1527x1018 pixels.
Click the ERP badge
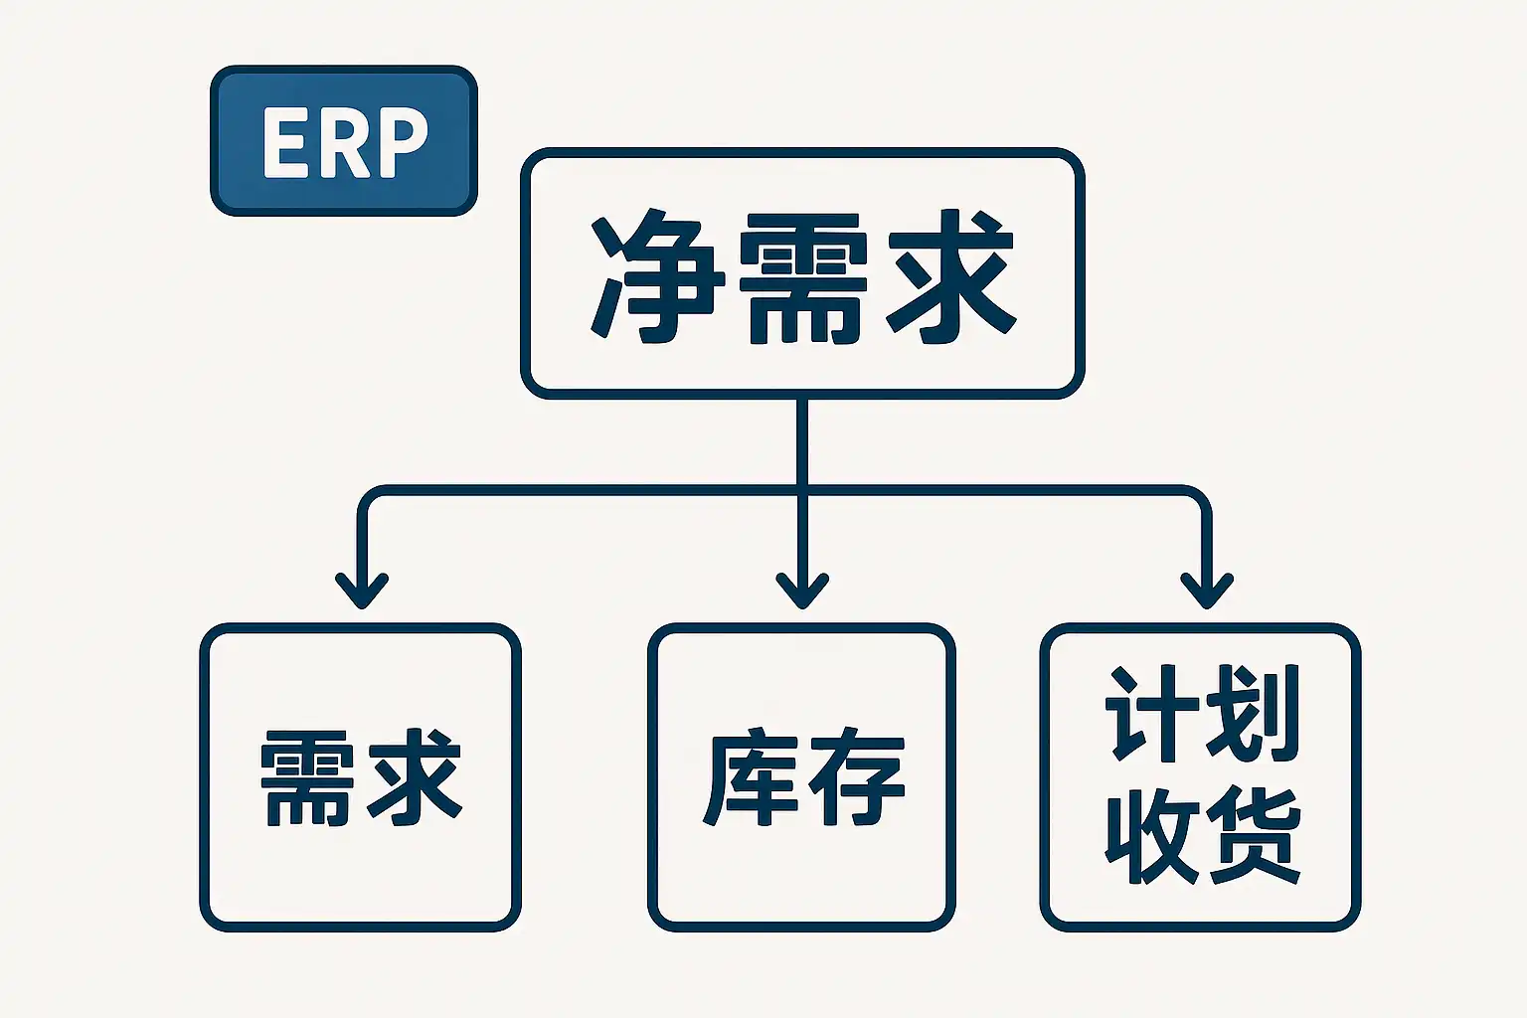(x=344, y=141)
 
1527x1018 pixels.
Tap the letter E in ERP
(x=281, y=142)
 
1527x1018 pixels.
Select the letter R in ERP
(x=337, y=142)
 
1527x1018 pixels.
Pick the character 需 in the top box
(x=803, y=278)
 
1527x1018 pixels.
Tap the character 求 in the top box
(x=950, y=276)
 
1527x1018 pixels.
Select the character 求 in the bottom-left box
(x=415, y=777)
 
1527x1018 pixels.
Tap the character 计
(x=1151, y=713)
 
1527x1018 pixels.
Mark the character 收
(x=1152, y=836)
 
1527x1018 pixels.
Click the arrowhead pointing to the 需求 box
(x=362, y=591)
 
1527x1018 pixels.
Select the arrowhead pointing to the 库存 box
(x=802, y=591)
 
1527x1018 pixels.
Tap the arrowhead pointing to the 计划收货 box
(x=1207, y=591)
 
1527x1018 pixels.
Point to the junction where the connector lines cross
(x=802, y=490)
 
